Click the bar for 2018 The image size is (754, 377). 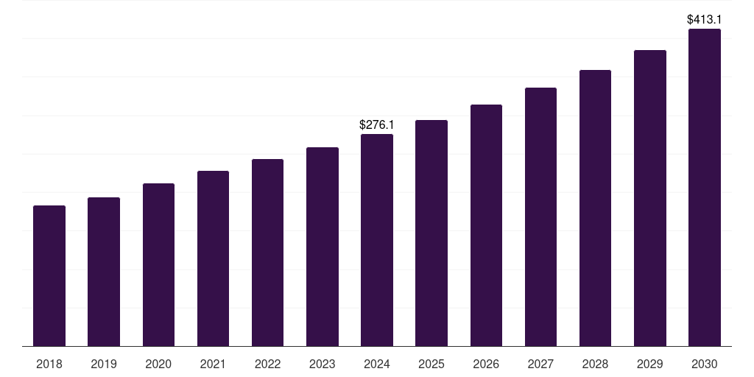[x=49, y=276]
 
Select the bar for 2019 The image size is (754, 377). [x=104, y=272]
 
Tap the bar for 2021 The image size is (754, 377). [x=213, y=258]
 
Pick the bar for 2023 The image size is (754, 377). [x=323, y=247]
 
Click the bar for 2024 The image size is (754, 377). [x=377, y=240]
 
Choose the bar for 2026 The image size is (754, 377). [x=486, y=225]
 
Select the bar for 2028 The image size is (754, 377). [x=595, y=208]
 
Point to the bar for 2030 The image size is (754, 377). [x=705, y=188]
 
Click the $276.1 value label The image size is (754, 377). [x=377, y=125]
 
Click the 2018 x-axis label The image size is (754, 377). [x=49, y=364]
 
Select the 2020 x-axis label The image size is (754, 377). [x=158, y=364]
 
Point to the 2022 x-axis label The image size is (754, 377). [x=267, y=364]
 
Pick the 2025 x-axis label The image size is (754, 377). [x=431, y=364]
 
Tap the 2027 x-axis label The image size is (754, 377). [x=540, y=364]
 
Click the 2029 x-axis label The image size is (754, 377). [x=649, y=364]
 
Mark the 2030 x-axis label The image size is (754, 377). [x=705, y=364]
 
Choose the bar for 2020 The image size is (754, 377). [x=158, y=265]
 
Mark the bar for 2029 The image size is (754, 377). [x=649, y=198]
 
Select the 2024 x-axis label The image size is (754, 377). [x=377, y=364]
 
